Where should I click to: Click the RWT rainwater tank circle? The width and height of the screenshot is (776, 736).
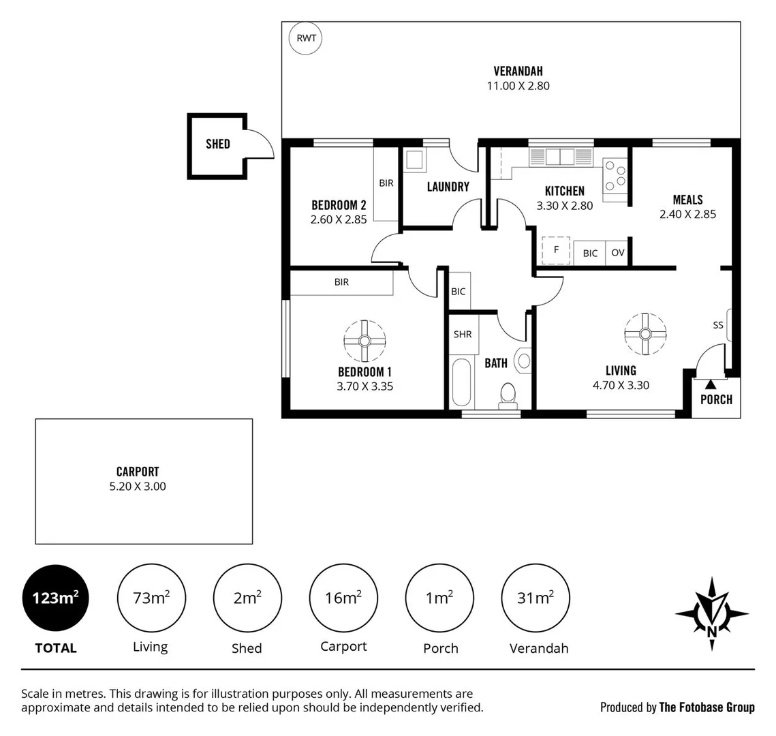pos(306,38)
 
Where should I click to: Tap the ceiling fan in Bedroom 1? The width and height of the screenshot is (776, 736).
pos(364,341)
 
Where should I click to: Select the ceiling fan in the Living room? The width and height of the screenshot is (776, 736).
pos(645,334)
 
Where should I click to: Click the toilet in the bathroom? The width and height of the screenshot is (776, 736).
pos(508,395)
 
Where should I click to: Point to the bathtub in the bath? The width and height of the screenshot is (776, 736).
pos(461,382)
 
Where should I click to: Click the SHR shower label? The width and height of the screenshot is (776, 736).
pos(462,335)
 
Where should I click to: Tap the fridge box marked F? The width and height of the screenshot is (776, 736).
pos(556,250)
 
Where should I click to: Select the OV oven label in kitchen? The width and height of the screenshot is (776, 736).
pos(617,253)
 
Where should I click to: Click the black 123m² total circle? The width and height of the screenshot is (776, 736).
pos(55,598)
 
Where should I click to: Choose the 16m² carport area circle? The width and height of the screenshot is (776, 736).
pos(343,598)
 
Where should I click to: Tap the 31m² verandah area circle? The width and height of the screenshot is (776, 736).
pos(535,598)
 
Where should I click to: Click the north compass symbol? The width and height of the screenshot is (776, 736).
pos(711,613)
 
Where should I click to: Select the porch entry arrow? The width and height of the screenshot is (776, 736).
pos(711,385)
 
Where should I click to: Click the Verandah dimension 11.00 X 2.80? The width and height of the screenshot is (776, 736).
pos(518,86)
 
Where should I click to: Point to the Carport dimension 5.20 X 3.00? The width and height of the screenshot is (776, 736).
pos(138,487)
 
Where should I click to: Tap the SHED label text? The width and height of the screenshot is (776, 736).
pos(218,144)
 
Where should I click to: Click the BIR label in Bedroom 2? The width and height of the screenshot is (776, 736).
pos(386,183)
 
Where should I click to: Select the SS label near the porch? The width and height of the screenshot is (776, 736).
pos(718,325)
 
